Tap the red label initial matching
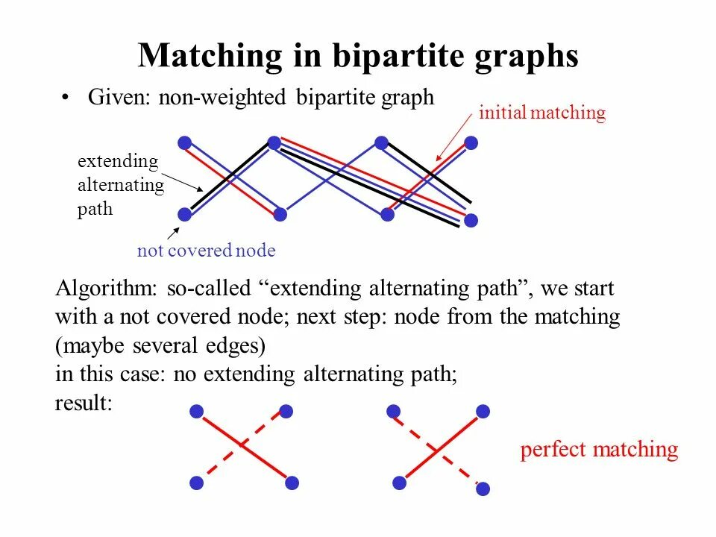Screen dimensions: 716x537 pos(541,113)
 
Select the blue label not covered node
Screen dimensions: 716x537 pos(206,251)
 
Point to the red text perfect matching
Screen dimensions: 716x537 pos(599,450)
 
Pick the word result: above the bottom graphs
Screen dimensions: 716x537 pos(84,403)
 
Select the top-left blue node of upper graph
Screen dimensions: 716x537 pos(184,142)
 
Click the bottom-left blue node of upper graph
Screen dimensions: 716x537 pos(184,215)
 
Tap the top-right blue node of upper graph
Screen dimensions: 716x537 pos(471,142)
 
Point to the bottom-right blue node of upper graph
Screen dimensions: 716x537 pos(471,220)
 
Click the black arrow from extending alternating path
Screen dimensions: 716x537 pos(183,183)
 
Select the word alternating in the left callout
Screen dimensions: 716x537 pos(120,186)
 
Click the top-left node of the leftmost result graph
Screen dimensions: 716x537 pos(197,411)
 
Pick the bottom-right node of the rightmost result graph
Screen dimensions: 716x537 pos(483,489)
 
